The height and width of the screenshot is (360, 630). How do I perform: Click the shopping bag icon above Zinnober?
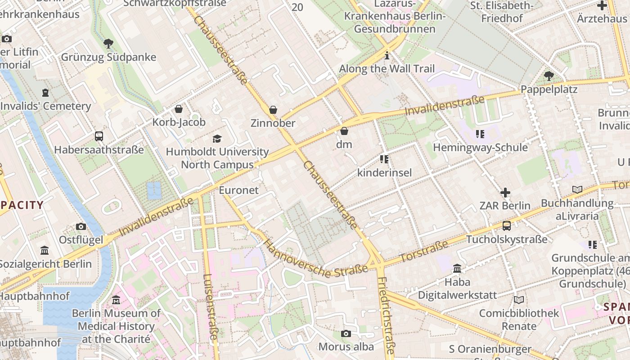click(273, 110)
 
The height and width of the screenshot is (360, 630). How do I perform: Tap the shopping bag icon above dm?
click(344, 131)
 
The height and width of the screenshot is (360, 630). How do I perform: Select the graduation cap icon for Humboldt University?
click(217, 139)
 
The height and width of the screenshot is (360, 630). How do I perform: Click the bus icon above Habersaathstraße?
click(99, 136)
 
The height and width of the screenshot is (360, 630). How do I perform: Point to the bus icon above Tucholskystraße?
click(507, 226)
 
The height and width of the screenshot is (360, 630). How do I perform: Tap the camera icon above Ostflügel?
click(81, 226)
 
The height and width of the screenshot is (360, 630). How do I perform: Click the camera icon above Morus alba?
click(346, 333)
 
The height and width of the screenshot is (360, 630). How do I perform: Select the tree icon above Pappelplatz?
click(549, 76)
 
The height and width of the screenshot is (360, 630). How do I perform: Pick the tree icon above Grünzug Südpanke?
click(108, 44)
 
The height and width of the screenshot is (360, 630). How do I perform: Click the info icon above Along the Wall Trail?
click(387, 56)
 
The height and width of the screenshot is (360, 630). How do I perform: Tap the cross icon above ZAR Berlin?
click(505, 193)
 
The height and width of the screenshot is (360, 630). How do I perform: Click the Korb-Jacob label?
click(179, 122)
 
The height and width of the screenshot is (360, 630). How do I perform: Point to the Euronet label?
click(238, 190)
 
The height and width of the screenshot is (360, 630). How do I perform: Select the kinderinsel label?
click(384, 172)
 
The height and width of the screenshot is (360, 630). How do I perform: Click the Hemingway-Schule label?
click(480, 147)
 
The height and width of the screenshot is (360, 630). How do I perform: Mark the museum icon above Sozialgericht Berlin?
click(45, 250)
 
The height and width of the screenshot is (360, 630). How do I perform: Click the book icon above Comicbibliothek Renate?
click(518, 300)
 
